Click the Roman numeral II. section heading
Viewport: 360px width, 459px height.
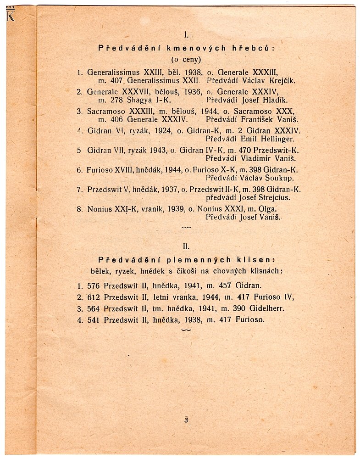tap(186, 246)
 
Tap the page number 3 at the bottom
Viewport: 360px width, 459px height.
tap(186, 420)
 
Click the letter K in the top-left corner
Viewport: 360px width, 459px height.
tap(10, 16)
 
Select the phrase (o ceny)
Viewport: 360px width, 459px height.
tap(186, 59)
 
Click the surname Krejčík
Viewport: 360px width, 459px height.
tap(279, 80)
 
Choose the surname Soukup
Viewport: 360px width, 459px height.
tap(277, 178)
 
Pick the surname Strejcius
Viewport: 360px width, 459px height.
tap(274, 198)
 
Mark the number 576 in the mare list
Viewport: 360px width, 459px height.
tap(94, 285)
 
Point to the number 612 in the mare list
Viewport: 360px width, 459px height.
tap(94, 297)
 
